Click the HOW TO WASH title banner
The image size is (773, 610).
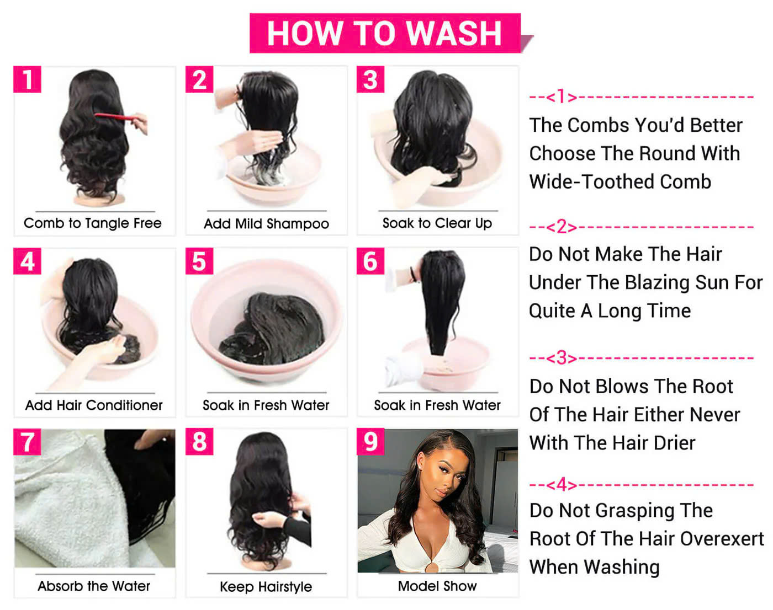pyautogui.click(x=385, y=33)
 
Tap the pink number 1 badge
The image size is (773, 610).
pyautogui.click(x=28, y=79)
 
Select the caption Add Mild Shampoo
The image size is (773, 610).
pyautogui.click(x=266, y=223)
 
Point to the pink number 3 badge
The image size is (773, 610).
pyautogui.click(x=370, y=79)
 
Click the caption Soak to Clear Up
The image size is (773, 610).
pyautogui.click(x=437, y=223)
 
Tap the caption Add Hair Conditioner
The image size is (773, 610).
pyautogui.click(x=94, y=405)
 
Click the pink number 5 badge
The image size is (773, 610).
pyautogui.click(x=199, y=261)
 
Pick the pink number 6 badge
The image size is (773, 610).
pyautogui.click(x=370, y=261)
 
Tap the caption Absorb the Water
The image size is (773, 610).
pyautogui.click(x=94, y=586)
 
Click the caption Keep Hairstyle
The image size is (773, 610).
pyautogui.click(x=266, y=586)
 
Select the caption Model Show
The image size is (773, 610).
pyautogui.click(x=437, y=586)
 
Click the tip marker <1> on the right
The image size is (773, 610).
pyautogui.click(x=561, y=97)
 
